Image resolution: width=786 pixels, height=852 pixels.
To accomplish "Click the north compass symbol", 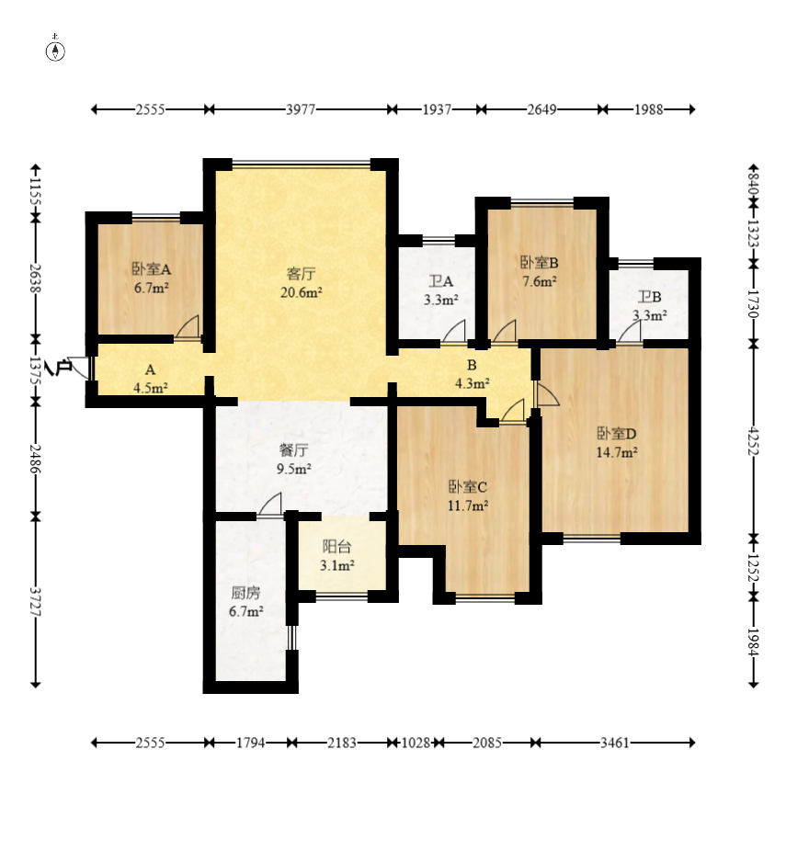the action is (x=55, y=49).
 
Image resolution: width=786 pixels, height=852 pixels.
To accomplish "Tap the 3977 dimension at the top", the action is (x=301, y=109).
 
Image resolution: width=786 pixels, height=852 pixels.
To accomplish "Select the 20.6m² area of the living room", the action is (x=302, y=293).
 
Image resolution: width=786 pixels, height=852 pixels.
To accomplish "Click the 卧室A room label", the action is (x=152, y=269).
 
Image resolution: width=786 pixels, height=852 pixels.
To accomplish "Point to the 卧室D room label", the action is (x=617, y=434).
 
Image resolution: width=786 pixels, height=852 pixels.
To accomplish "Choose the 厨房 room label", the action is (x=245, y=593).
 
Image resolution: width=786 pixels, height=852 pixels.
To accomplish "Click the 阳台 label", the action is (x=337, y=547).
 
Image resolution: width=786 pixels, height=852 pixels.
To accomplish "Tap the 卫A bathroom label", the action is (x=440, y=281).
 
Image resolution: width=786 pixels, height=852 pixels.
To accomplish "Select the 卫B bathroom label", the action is (x=650, y=297).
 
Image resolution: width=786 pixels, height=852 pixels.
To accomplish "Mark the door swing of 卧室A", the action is (x=188, y=327).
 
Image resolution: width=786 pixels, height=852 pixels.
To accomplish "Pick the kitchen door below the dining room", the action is (x=270, y=505).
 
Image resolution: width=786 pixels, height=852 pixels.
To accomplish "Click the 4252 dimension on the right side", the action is (x=753, y=440).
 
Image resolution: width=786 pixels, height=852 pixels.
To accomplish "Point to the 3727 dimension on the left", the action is (x=36, y=601).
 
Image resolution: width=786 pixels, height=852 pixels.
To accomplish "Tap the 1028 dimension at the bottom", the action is (x=416, y=743).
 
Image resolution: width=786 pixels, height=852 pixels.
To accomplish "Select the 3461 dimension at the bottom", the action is (x=615, y=743).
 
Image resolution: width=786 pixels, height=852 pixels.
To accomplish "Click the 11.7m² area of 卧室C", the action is (x=468, y=506).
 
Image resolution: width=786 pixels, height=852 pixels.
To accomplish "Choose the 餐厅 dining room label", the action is (x=293, y=450).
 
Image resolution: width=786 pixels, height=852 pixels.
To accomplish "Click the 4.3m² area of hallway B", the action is (x=473, y=383).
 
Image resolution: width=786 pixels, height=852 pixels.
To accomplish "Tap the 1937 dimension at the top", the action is (x=437, y=109).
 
